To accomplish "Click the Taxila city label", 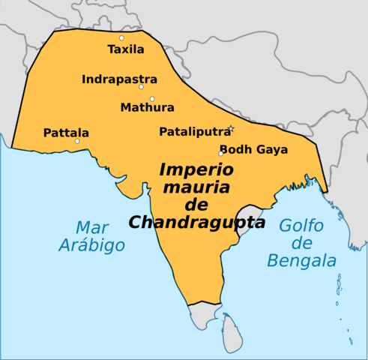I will click(124, 50).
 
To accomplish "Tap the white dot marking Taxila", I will click(121, 37).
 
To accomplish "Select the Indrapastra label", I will click(119, 79).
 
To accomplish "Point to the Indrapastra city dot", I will click(141, 87).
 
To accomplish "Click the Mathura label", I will click(147, 107).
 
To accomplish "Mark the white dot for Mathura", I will click(151, 99).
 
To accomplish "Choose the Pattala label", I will click(66, 132).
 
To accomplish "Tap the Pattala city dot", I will click(77, 141).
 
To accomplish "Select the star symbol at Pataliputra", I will click(231, 129).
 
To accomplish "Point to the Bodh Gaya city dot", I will click(221, 154).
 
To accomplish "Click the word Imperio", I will click(191, 169).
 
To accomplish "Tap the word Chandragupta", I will click(196, 222).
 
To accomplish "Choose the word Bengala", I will click(303, 261).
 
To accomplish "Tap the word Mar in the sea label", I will click(88, 227).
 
